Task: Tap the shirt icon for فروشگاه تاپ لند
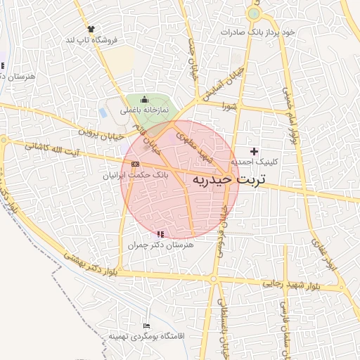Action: coord(91,29)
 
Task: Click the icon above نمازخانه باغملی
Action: coord(145,99)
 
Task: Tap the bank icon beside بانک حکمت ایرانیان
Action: coord(135,164)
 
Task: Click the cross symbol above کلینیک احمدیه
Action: coord(254,151)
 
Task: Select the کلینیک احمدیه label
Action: coord(259,162)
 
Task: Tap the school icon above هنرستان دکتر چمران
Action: coord(161,233)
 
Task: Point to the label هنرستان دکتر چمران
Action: coord(160,245)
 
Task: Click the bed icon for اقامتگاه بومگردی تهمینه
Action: coord(146,326)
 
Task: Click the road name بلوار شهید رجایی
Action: coord(293,285)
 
